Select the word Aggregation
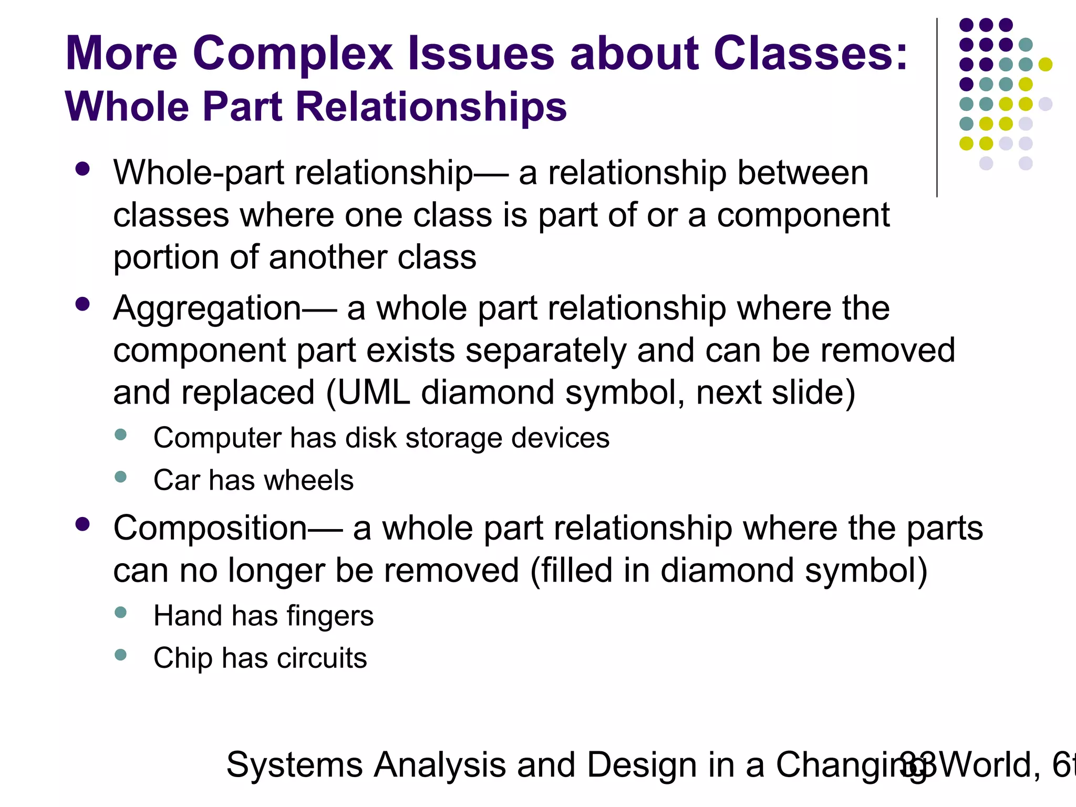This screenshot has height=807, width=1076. tap(207, 309)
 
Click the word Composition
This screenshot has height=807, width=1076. tap(210, 529)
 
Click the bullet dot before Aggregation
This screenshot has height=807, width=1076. tap(82, 304)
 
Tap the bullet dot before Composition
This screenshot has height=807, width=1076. tap(82, 524)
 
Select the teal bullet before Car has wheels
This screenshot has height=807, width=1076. tap(120, 477)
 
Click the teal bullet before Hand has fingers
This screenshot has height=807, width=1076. tap(120, 612)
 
